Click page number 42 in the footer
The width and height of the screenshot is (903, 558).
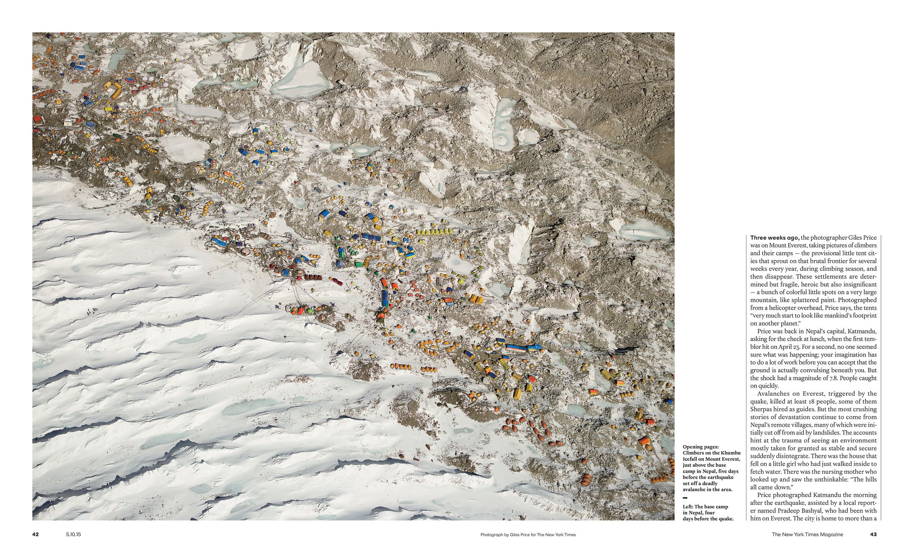(35, 534)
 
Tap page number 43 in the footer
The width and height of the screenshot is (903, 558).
(873, 534)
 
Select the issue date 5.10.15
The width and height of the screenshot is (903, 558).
(73, 534)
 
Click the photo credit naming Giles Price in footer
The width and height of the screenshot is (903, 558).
(528, 535)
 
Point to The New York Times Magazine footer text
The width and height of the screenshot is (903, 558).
(807, 534)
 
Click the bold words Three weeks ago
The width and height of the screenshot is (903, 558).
(772, 238)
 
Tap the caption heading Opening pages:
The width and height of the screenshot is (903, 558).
(700, 447)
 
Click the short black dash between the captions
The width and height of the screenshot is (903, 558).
(685, 498)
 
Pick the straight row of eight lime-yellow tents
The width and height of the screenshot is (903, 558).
(434, 232)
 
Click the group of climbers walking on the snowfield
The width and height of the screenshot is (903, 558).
(92, 311)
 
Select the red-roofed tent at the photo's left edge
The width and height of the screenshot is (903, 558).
(37, 119)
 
